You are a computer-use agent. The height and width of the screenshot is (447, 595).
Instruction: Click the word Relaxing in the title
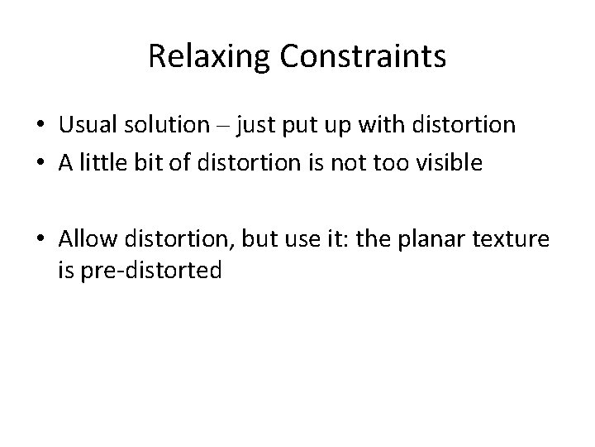(210, 57)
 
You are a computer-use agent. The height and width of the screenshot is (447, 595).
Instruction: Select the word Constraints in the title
(363, 57)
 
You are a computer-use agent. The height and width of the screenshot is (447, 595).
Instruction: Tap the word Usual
(87, 126)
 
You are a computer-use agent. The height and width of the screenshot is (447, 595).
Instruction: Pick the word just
(255, 127)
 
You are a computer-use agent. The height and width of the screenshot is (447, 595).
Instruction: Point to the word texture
(511, 240)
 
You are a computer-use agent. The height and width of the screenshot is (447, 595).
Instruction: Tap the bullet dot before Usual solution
(40, 127)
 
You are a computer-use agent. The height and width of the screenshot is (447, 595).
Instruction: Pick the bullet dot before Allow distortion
(40, 241)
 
